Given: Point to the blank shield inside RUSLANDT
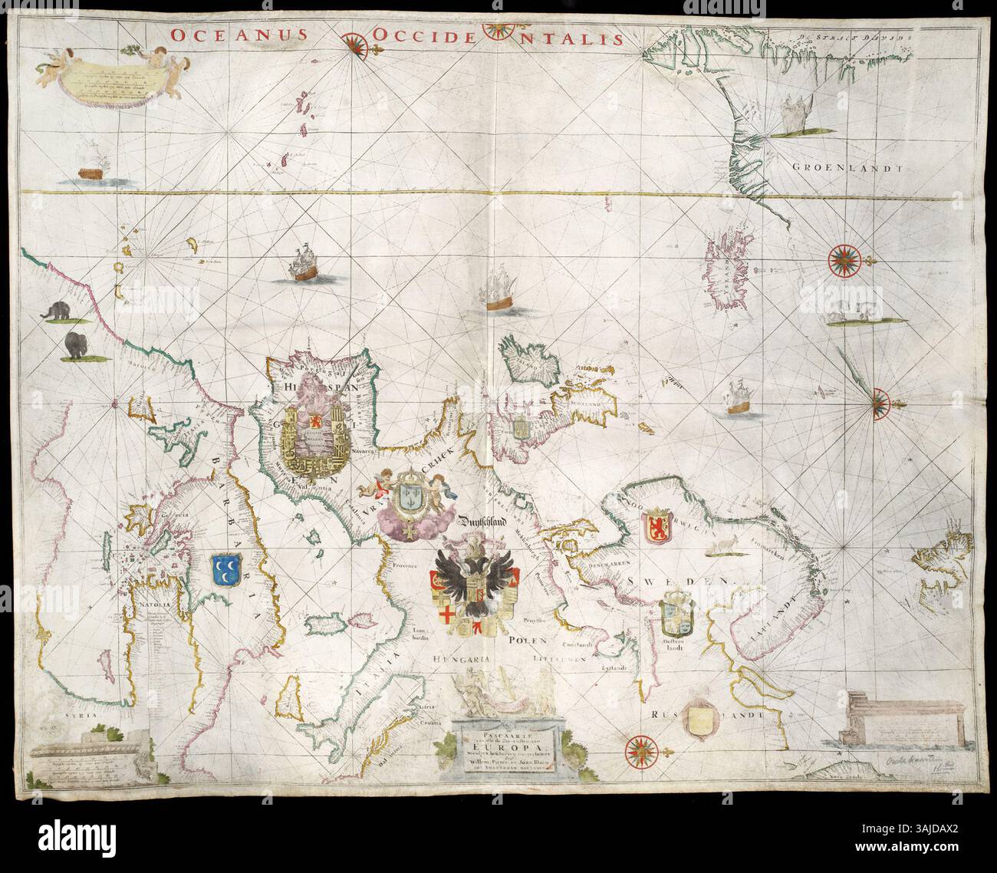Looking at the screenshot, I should (x=704, y=722).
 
